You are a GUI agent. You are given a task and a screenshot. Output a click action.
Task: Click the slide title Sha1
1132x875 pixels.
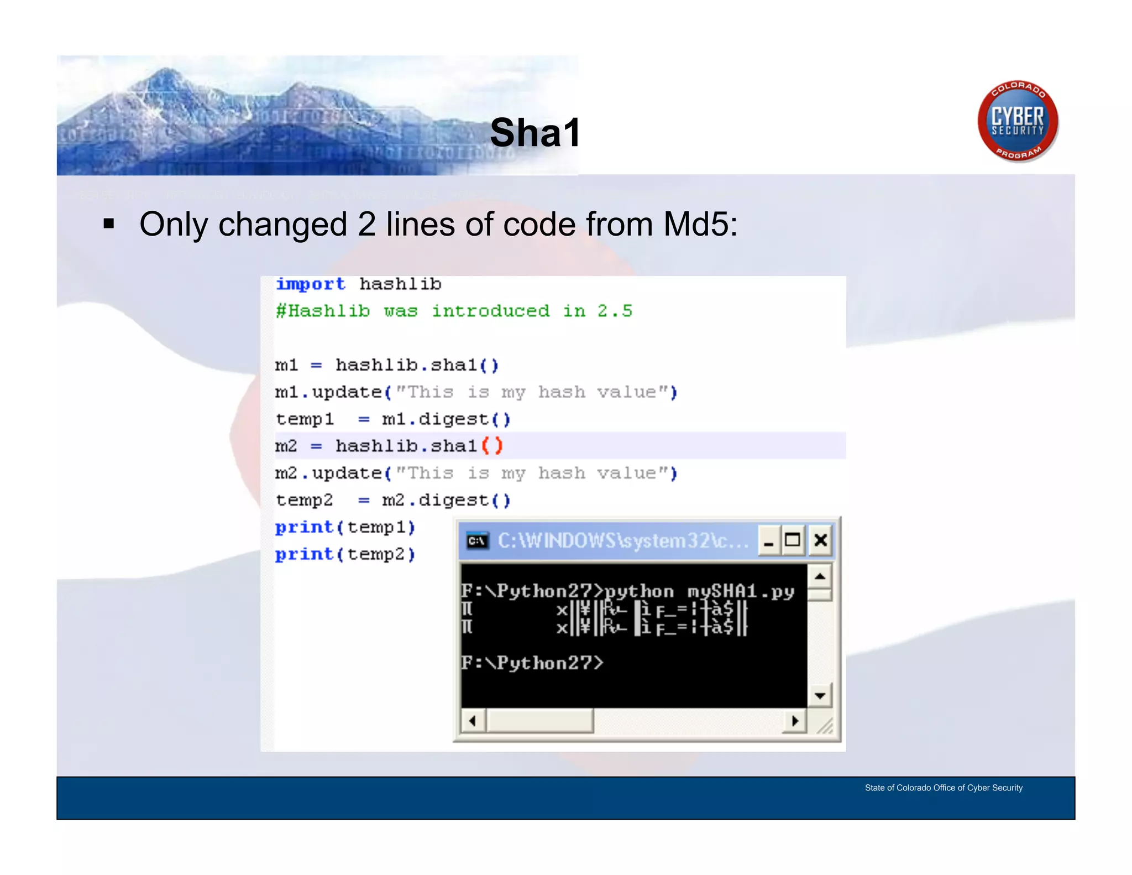[534, 133]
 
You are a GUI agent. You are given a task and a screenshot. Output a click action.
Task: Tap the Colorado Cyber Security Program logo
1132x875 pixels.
[1018, 121]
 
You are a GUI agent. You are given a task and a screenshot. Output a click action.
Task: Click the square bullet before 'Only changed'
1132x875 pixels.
[109, 224]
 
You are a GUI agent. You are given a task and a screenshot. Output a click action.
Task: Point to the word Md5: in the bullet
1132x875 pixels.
[700, 225]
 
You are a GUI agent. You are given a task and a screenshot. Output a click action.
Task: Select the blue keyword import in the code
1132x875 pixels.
[311, 284]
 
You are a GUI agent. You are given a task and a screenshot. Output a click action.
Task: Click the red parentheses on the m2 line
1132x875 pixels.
[492, 446]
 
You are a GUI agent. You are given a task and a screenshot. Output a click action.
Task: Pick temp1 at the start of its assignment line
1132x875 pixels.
[305, 419]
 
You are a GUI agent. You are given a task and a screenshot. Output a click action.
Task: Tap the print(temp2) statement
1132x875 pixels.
[345, 554]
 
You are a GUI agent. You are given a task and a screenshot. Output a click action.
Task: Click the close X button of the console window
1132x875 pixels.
[821, 540]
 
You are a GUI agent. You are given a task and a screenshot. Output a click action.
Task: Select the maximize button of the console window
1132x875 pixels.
[793, 540]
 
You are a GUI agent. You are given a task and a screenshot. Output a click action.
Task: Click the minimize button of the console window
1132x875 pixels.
[768, 540]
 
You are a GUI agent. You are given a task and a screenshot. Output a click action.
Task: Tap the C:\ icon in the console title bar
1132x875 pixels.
[477, 540]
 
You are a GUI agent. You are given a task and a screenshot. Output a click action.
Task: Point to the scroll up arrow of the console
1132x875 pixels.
[820, 577]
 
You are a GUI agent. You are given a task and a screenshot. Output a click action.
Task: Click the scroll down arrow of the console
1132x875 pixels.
[820, 695]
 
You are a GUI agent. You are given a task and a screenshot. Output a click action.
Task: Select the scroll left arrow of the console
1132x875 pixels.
[473, 721]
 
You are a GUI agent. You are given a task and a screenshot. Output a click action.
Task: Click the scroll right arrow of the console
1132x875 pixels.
[795, 721]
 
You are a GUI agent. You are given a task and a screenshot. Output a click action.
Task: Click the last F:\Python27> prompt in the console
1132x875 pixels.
[532, 663]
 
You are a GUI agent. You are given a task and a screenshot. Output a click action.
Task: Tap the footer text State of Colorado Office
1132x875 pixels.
[943, 788]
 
